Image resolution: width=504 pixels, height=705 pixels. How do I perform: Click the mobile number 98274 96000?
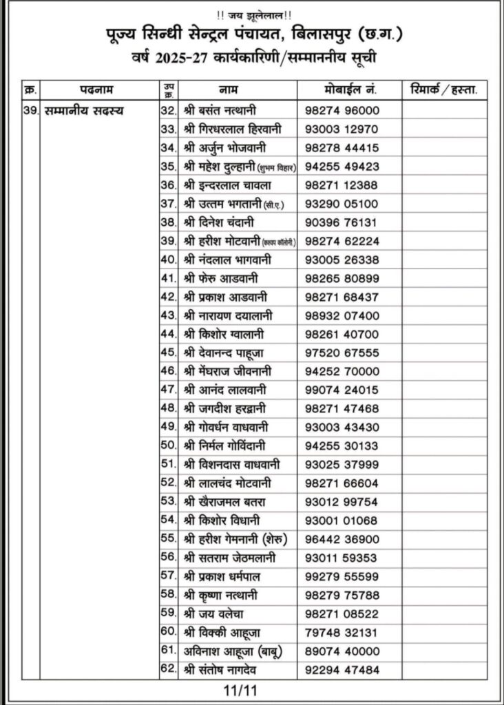pyautogui.click(x=342, y=110)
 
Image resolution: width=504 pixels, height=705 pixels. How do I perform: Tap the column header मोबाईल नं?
pyautogui.click(x=349, y=90)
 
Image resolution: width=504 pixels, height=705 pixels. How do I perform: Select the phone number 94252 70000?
pyautogui.click(x=342, y=370)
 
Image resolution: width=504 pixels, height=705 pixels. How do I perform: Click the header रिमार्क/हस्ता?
pyautogui.click(x=443, y=90)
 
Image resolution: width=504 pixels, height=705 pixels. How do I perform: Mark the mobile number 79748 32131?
pyautogui.click(x=342, y=631)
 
